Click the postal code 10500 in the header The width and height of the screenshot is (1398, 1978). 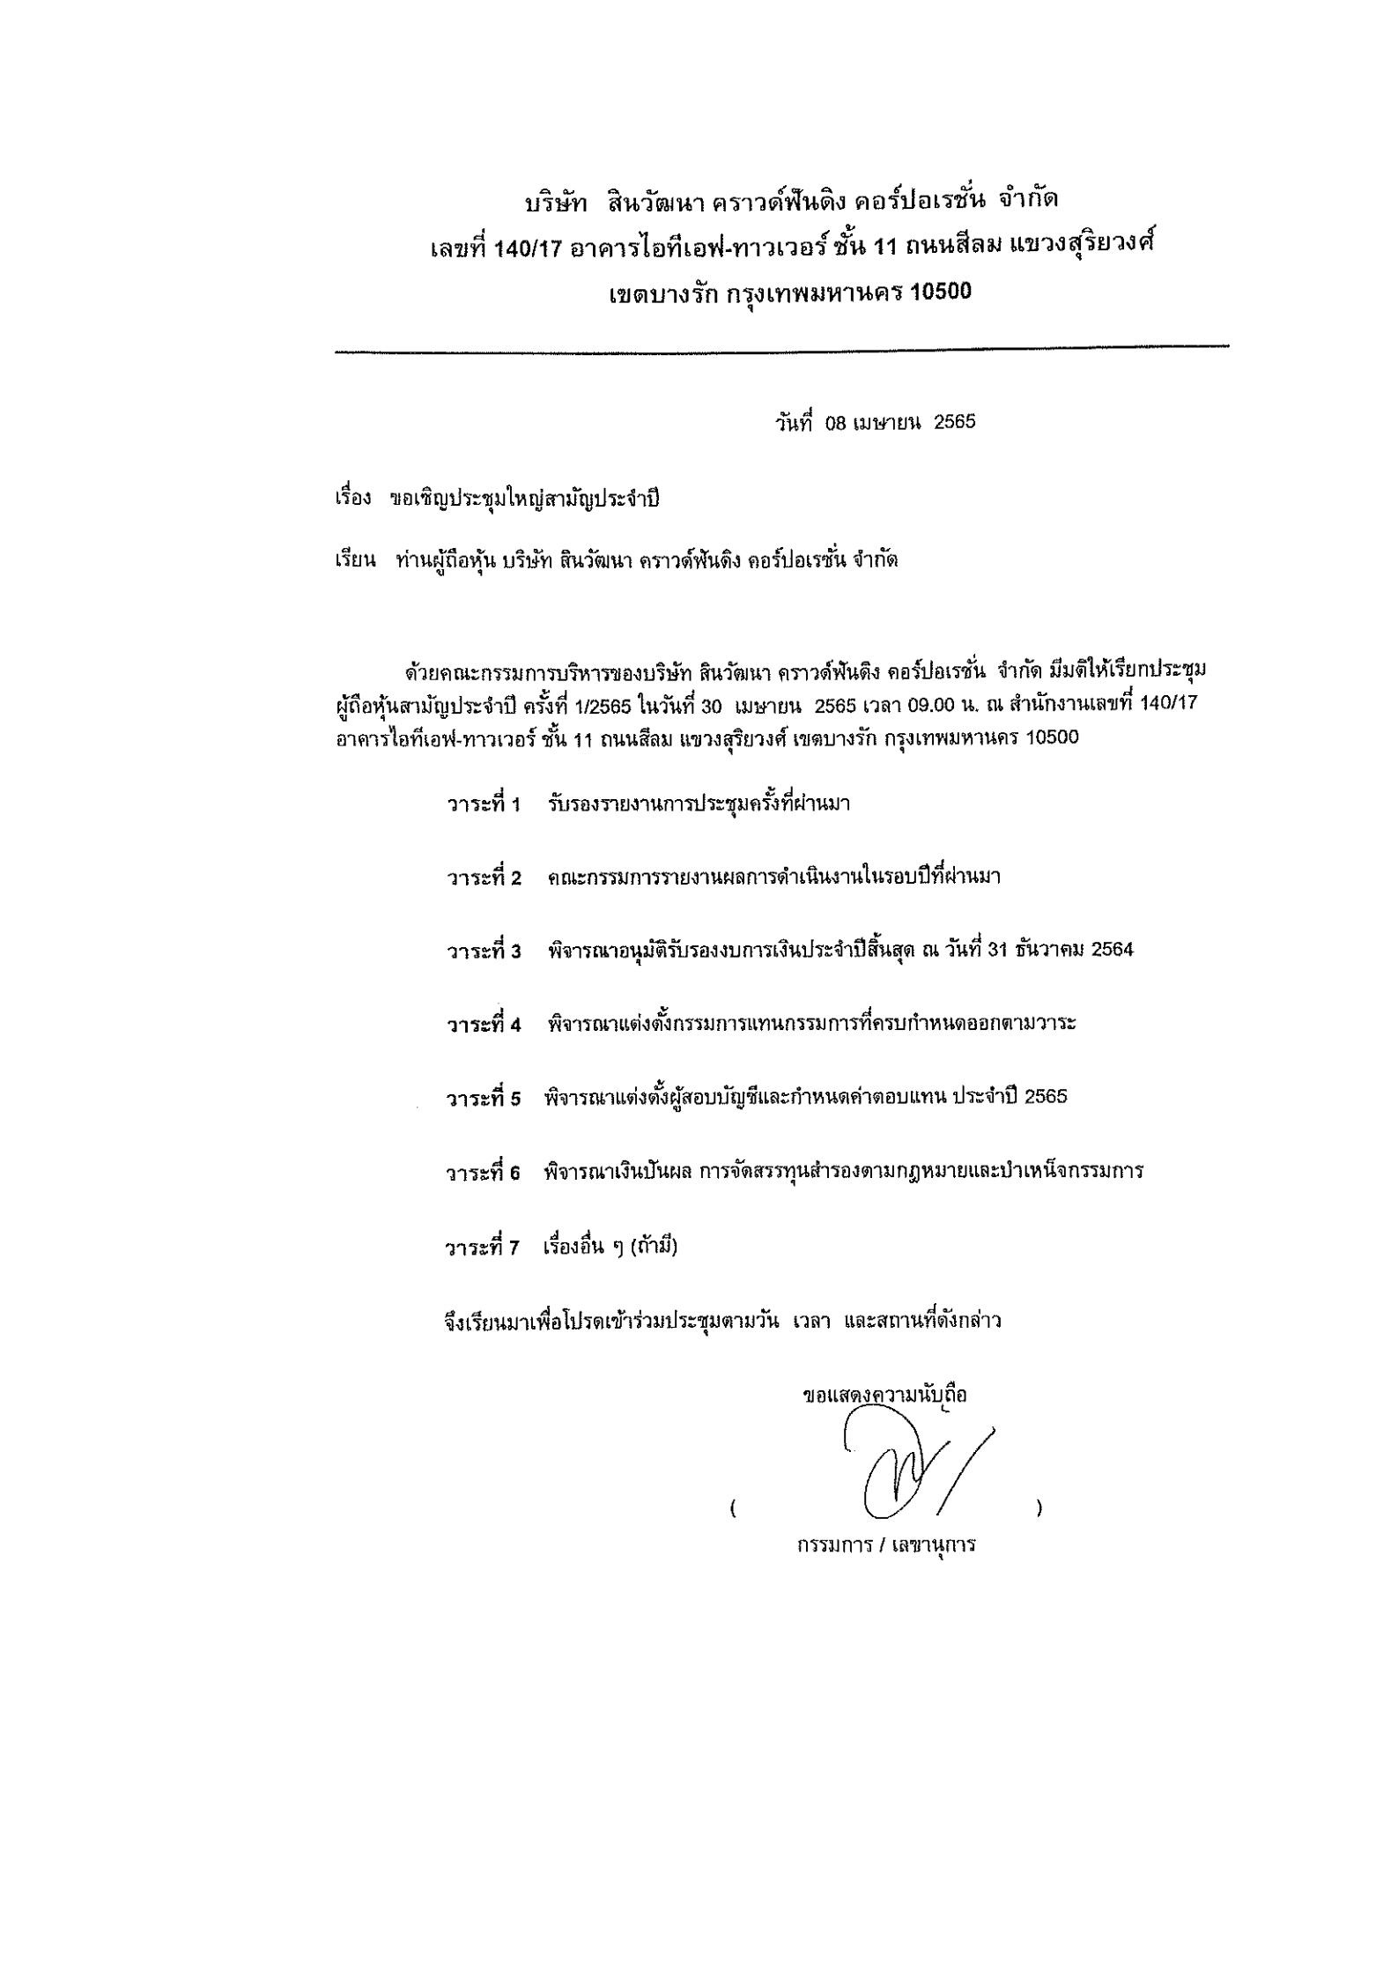pos(941,292)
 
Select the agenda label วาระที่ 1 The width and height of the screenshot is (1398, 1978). pos(484,804)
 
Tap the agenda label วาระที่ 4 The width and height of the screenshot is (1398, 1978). pos(484,1024)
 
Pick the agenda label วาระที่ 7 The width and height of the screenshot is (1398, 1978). pos(484,1248)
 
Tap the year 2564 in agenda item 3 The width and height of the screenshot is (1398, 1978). pos(1111,950)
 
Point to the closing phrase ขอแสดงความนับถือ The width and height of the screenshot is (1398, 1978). pos(884,1396)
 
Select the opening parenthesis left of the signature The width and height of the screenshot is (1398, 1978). pos(733,1509)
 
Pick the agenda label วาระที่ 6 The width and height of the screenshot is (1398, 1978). pos(484,1173)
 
